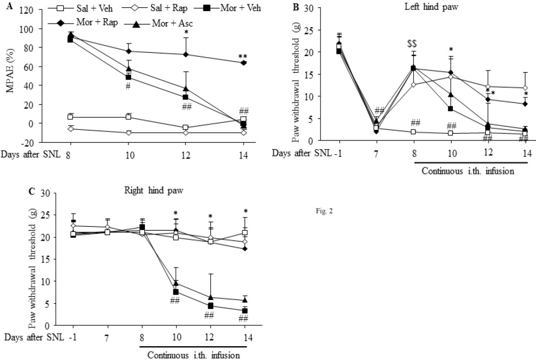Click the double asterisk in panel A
coord(243,56)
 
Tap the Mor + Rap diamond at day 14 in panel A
coord(244,63)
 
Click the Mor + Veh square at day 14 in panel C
coord(244,311)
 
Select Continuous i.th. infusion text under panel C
coord(193,355)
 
